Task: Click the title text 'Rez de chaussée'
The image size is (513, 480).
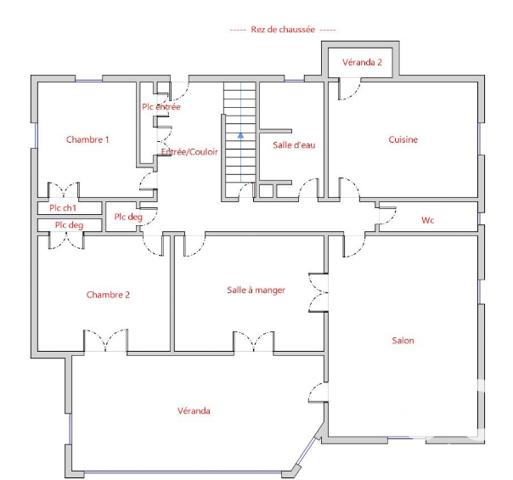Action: point(283,31)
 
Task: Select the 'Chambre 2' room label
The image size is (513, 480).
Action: point(107,294)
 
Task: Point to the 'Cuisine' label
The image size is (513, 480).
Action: point(402,140)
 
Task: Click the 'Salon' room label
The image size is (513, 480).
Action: point(402,341)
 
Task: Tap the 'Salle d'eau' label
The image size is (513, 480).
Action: point(294,146)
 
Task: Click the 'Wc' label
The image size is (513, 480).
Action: point(427,220)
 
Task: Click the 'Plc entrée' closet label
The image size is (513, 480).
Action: point(161,107)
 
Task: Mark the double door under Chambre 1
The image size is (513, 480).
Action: point(64,190)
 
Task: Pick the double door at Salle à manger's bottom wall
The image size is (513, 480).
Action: point(250,342)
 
